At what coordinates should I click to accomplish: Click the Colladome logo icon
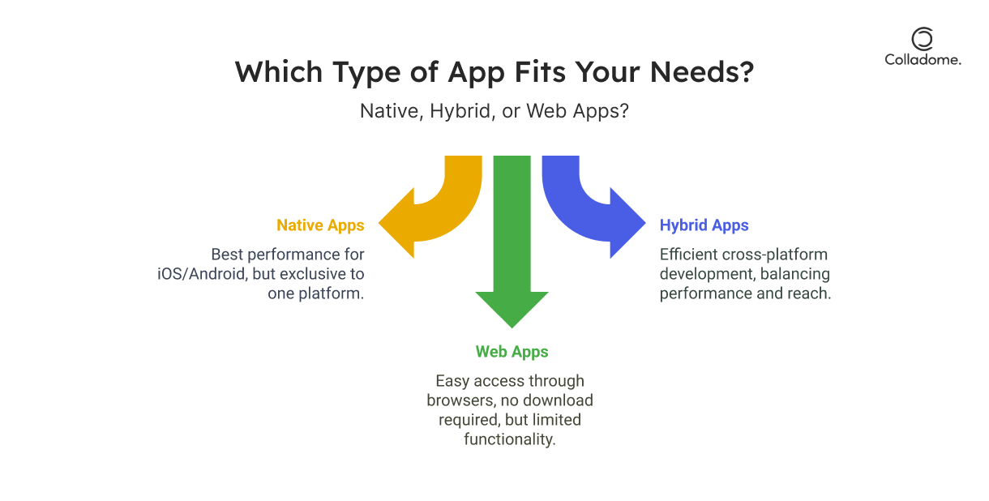pos(923,39)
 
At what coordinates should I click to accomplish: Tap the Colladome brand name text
pos(923,60)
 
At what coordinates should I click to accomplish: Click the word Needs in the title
pos(702,72)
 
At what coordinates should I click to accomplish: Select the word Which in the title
pos(279,72)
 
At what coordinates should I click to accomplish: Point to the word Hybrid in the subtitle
pos(460,111)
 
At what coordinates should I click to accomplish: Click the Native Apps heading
pos(320,225)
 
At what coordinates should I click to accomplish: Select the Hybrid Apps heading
pos(704,225)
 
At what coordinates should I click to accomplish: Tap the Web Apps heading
pos(512,352)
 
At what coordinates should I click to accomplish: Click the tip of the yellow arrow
pos(379,224)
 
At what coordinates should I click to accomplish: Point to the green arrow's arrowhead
pos(512,310)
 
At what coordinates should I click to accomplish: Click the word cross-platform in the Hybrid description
pos(775,255)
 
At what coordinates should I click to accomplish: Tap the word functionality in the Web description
pos(510,439)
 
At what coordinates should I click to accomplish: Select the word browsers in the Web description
pos(461,400)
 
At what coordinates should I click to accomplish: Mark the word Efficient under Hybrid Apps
pos(689,255)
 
